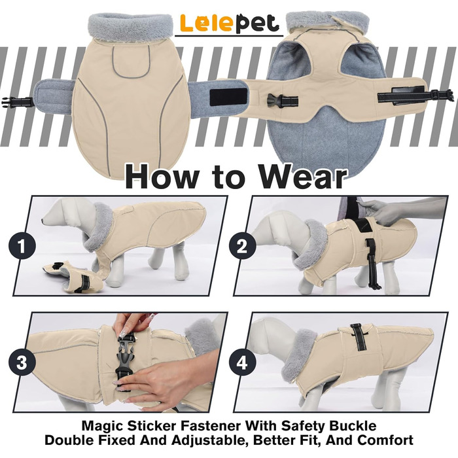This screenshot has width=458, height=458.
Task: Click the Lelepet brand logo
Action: tap(229, 24)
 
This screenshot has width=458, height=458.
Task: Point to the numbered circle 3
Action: tap(22, 363)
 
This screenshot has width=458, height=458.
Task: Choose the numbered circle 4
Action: tap(242, 363)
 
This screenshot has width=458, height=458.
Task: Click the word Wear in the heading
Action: tap(303, 177)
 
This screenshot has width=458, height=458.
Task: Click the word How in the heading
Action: tap(161, 177)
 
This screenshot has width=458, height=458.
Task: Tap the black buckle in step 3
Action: tap(126, 361)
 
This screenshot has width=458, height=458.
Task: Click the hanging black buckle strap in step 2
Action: tap(372, 263)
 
